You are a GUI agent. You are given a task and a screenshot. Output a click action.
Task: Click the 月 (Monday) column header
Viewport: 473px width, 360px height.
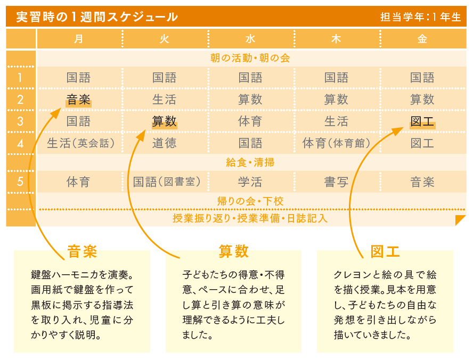click(x=78, y=39)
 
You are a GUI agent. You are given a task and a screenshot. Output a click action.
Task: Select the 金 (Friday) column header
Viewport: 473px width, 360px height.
click(x=422, y=39)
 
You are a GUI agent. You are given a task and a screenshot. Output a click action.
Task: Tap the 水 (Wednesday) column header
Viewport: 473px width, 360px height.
click(x=250, y=39)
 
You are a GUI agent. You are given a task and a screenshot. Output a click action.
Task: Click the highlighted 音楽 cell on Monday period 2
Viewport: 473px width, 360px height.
click(x=78, y=100)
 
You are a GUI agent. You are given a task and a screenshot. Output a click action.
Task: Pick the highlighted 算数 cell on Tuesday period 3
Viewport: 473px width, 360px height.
click(x=165, y=121)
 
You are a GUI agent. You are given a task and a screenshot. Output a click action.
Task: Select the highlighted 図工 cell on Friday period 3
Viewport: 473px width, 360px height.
click(x=422, y=121)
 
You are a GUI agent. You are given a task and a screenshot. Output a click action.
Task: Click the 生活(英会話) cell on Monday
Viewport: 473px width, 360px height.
click(x=81, y=143)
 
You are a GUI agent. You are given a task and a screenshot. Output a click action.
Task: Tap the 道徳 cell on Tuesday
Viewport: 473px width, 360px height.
click(x=165, y=143)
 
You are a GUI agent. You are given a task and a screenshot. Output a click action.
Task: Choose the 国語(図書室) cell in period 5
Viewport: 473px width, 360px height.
click(x=167, y=182)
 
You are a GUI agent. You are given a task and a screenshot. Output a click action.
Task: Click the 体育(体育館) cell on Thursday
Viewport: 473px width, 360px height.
click(x=336, y=143)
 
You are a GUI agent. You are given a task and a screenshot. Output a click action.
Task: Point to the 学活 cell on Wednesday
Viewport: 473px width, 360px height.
click(x=250, y=182)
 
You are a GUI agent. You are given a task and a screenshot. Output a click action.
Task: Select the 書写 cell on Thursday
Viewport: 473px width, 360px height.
click(x=336, y=182)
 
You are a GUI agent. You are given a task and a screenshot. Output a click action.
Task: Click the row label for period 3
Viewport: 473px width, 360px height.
click(x=20, y=121)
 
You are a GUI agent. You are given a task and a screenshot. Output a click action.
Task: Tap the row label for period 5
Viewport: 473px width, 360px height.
click(x=20, y=182)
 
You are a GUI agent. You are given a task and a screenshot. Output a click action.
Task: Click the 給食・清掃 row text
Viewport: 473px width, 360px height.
click(x=250, y=162)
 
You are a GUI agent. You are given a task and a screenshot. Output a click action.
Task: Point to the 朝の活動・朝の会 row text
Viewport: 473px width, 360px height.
click(x=250, y=58)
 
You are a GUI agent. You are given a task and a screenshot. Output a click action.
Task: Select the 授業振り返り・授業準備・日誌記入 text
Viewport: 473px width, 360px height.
click(x=250, y=218)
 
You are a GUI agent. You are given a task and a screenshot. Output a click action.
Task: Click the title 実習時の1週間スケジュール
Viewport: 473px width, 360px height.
click(x=97, y=17)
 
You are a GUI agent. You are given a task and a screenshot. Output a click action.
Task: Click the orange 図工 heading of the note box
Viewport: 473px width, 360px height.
click(x=385, y=251)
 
